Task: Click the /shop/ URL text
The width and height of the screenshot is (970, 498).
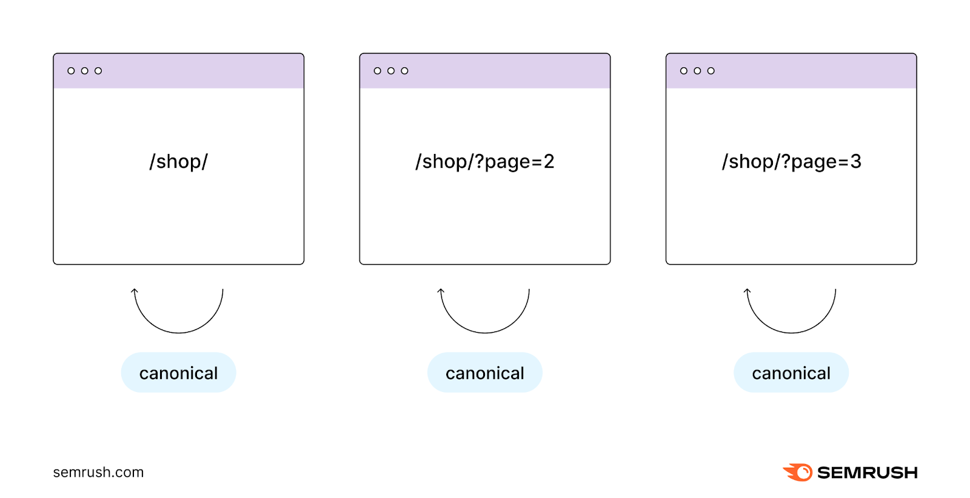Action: (178, 162)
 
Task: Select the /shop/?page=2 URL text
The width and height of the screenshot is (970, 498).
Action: (484, 162)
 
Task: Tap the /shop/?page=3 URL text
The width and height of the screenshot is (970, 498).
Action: (791, 162)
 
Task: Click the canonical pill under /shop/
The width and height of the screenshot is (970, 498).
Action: (178, 373)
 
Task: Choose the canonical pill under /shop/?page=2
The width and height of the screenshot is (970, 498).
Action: (484, 373)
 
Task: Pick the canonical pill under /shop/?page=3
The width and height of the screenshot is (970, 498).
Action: (791, 373)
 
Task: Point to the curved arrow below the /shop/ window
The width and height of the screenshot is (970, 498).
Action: (178, 332)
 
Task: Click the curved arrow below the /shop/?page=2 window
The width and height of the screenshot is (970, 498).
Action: (484, 332)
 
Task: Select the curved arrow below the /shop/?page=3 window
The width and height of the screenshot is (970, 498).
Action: (791, 332)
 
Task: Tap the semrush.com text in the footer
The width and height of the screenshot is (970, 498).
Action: (98, 473)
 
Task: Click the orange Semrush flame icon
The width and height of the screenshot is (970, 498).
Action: (798, 473)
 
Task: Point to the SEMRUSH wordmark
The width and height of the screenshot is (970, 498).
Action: (867, 473)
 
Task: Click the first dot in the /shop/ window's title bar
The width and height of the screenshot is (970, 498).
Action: (71, 71)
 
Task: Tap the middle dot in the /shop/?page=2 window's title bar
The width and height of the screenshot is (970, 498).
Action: (391, 71)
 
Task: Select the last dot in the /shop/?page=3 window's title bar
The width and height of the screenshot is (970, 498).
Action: (711, 71)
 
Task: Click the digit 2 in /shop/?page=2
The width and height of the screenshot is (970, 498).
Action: (549, 162)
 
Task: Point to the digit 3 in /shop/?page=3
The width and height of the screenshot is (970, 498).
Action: (855, 162)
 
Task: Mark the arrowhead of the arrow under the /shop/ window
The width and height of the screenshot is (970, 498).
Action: (135, 291)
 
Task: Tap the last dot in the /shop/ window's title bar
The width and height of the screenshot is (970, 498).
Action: (98, 71)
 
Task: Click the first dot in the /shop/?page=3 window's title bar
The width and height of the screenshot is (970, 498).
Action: (684, 71)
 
